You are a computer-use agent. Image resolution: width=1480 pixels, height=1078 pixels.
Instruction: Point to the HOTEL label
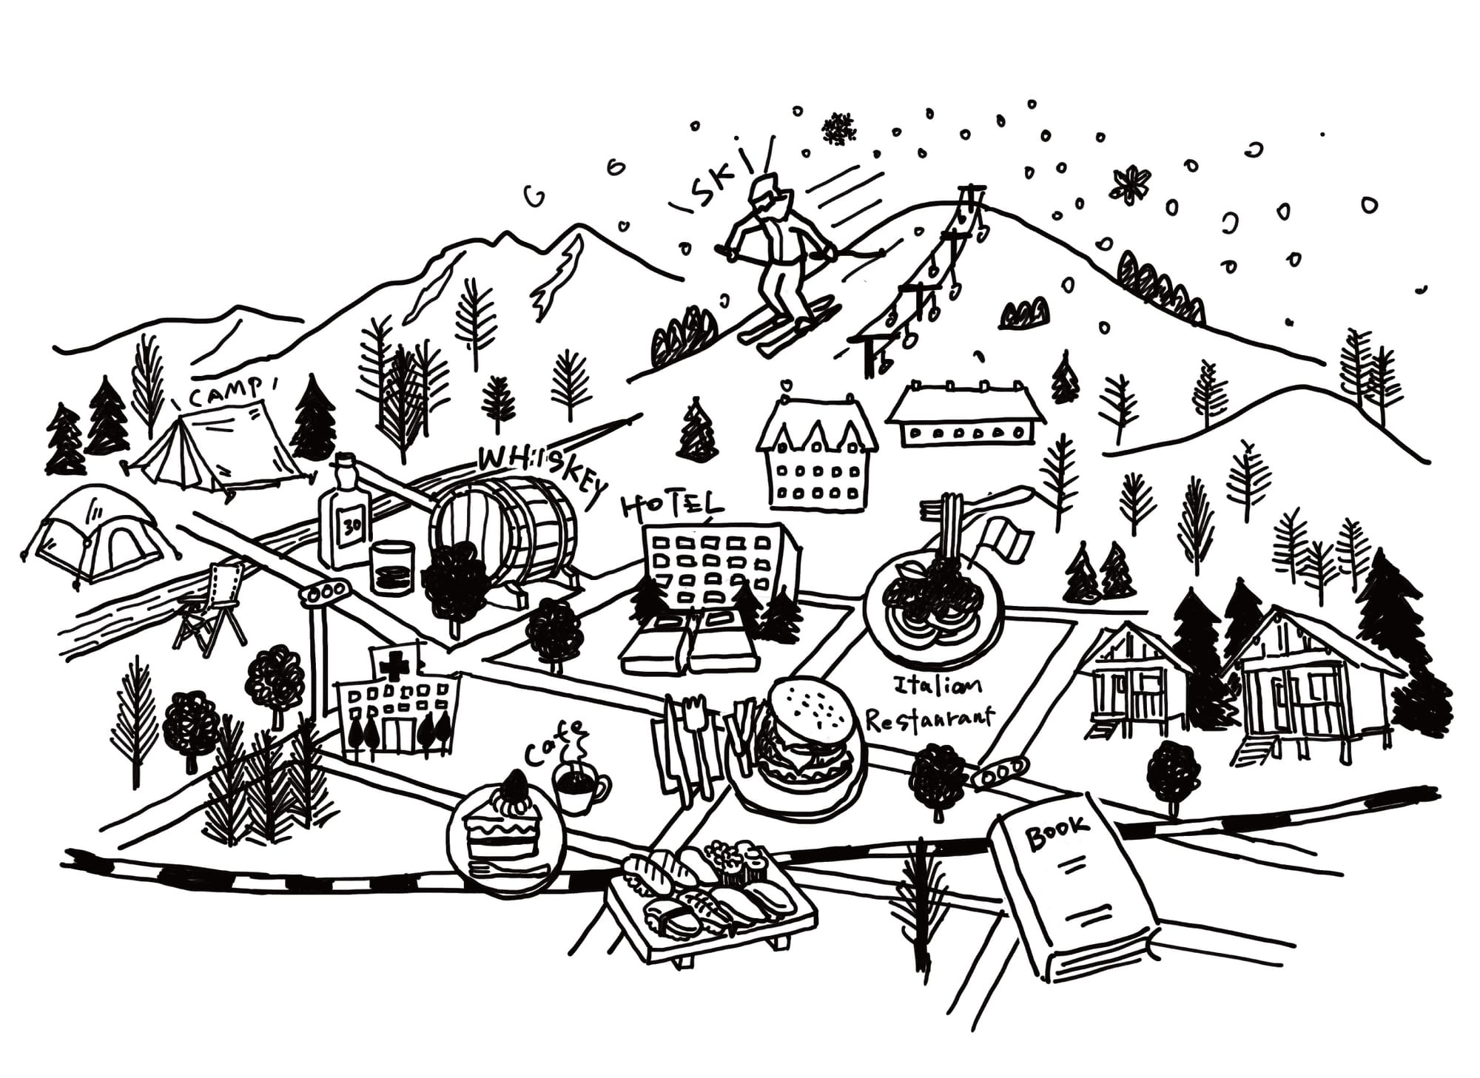tap(671, 506)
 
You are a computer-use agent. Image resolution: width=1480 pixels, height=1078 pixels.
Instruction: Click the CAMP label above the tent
tap(226, 393)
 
